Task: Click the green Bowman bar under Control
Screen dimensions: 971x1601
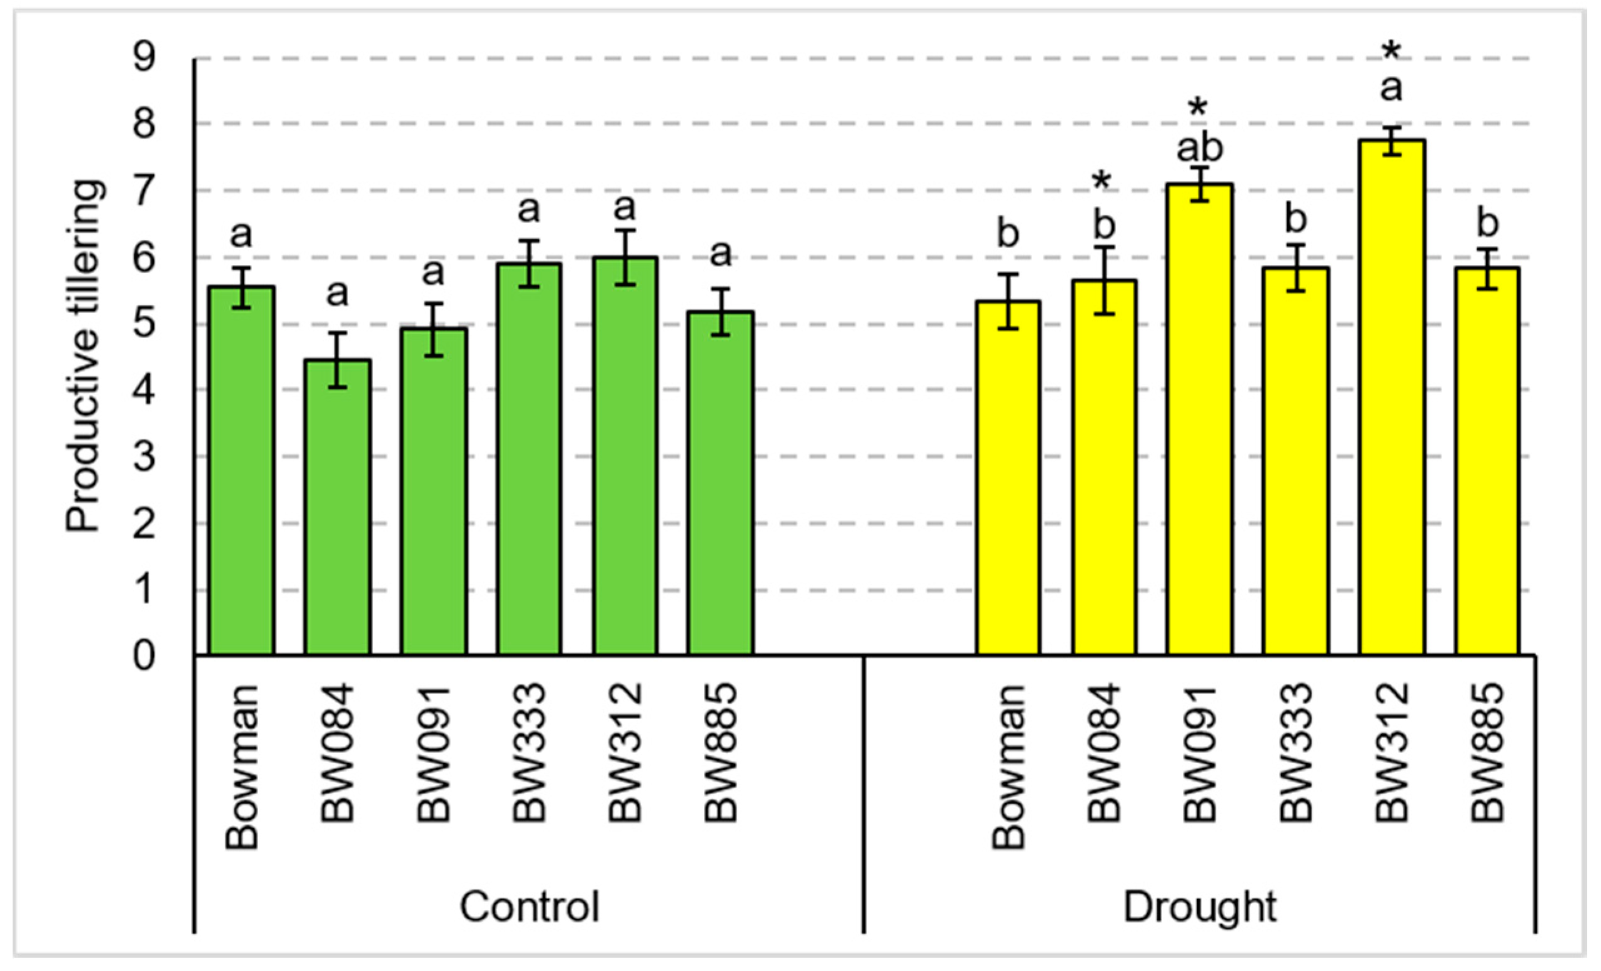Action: [x=241, y=471]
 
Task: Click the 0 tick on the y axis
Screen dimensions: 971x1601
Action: [x=144, y=657]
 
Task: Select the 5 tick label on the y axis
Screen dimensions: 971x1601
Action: [x=144, y=324]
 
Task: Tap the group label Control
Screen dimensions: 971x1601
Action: [x=529, y=907]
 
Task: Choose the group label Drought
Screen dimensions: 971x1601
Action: [x=1200, y=907]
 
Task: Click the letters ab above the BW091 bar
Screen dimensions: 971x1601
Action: [x=1200, y=148]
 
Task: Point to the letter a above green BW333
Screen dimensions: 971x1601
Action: [x=529, y=209]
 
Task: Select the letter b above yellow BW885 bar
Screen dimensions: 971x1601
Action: [x=1488, y=223]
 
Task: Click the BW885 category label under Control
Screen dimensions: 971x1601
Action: [x=721, y=753]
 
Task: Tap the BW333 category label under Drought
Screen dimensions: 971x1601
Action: [x=1295, y=753]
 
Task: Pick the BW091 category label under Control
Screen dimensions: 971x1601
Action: [x=433, y=753]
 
